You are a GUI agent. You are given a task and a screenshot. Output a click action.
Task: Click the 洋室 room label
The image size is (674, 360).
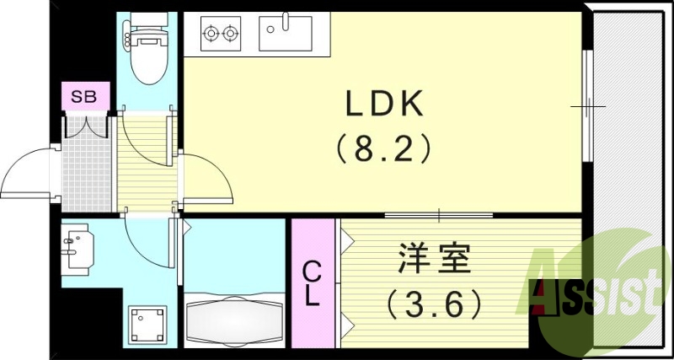point(432,260)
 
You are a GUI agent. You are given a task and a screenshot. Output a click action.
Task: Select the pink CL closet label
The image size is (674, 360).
point(312,283)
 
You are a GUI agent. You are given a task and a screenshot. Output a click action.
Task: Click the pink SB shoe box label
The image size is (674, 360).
point(83,96)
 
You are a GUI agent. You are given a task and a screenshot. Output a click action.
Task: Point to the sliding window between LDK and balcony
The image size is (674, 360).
point(587,106)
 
